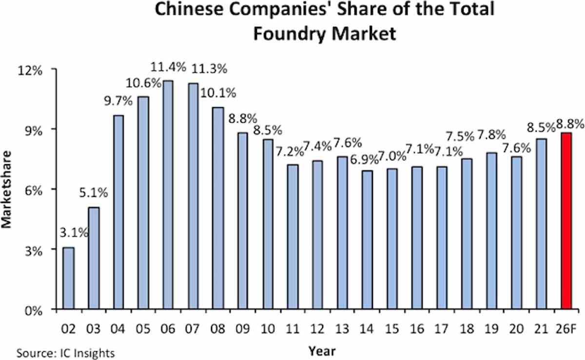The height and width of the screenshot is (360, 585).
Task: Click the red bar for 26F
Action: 566,221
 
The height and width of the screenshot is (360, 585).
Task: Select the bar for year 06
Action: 168,195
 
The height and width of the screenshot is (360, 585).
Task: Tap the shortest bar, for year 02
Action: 68,278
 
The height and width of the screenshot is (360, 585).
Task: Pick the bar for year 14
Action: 367,240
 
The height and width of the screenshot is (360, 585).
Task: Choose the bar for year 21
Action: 542,224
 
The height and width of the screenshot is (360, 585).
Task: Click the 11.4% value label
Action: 168,67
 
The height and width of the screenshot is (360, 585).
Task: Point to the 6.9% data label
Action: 364,159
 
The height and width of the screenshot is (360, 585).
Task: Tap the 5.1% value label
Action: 94,193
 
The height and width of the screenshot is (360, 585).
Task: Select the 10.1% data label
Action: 218,93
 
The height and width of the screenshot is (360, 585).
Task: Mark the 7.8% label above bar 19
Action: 491,135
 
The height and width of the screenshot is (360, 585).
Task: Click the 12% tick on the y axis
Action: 30,71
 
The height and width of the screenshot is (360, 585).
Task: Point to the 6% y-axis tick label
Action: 34,191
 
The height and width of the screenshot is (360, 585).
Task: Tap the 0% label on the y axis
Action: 34,311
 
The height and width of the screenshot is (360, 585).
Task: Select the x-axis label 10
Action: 268,329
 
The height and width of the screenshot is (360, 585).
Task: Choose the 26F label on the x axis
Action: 566,329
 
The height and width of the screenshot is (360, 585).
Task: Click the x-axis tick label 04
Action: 118,329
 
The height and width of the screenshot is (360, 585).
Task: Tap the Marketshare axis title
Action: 6,190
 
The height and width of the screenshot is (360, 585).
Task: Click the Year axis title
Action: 322,351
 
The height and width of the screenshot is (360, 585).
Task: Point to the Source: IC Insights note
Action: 66,353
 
